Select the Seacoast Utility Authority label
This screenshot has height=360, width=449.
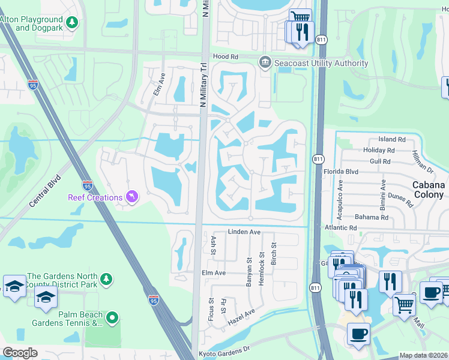click(x=321, y=64)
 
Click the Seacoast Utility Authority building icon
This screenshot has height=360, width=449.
click(x=265, y=62)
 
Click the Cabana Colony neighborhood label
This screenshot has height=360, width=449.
click(x=428, y=190)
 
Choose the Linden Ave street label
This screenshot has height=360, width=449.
click(x=244, y=232)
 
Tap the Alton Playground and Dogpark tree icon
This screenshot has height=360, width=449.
click(x=72, y=22)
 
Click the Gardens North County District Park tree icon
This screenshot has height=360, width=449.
click(x=106, y=278)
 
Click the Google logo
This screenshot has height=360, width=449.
click(x=20, y=353)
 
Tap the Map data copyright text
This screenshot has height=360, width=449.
click(x=423, y=355)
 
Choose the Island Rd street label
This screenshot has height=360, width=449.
click(x=392, y=139)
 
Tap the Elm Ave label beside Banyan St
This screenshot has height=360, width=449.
click(x=213, y=272)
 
